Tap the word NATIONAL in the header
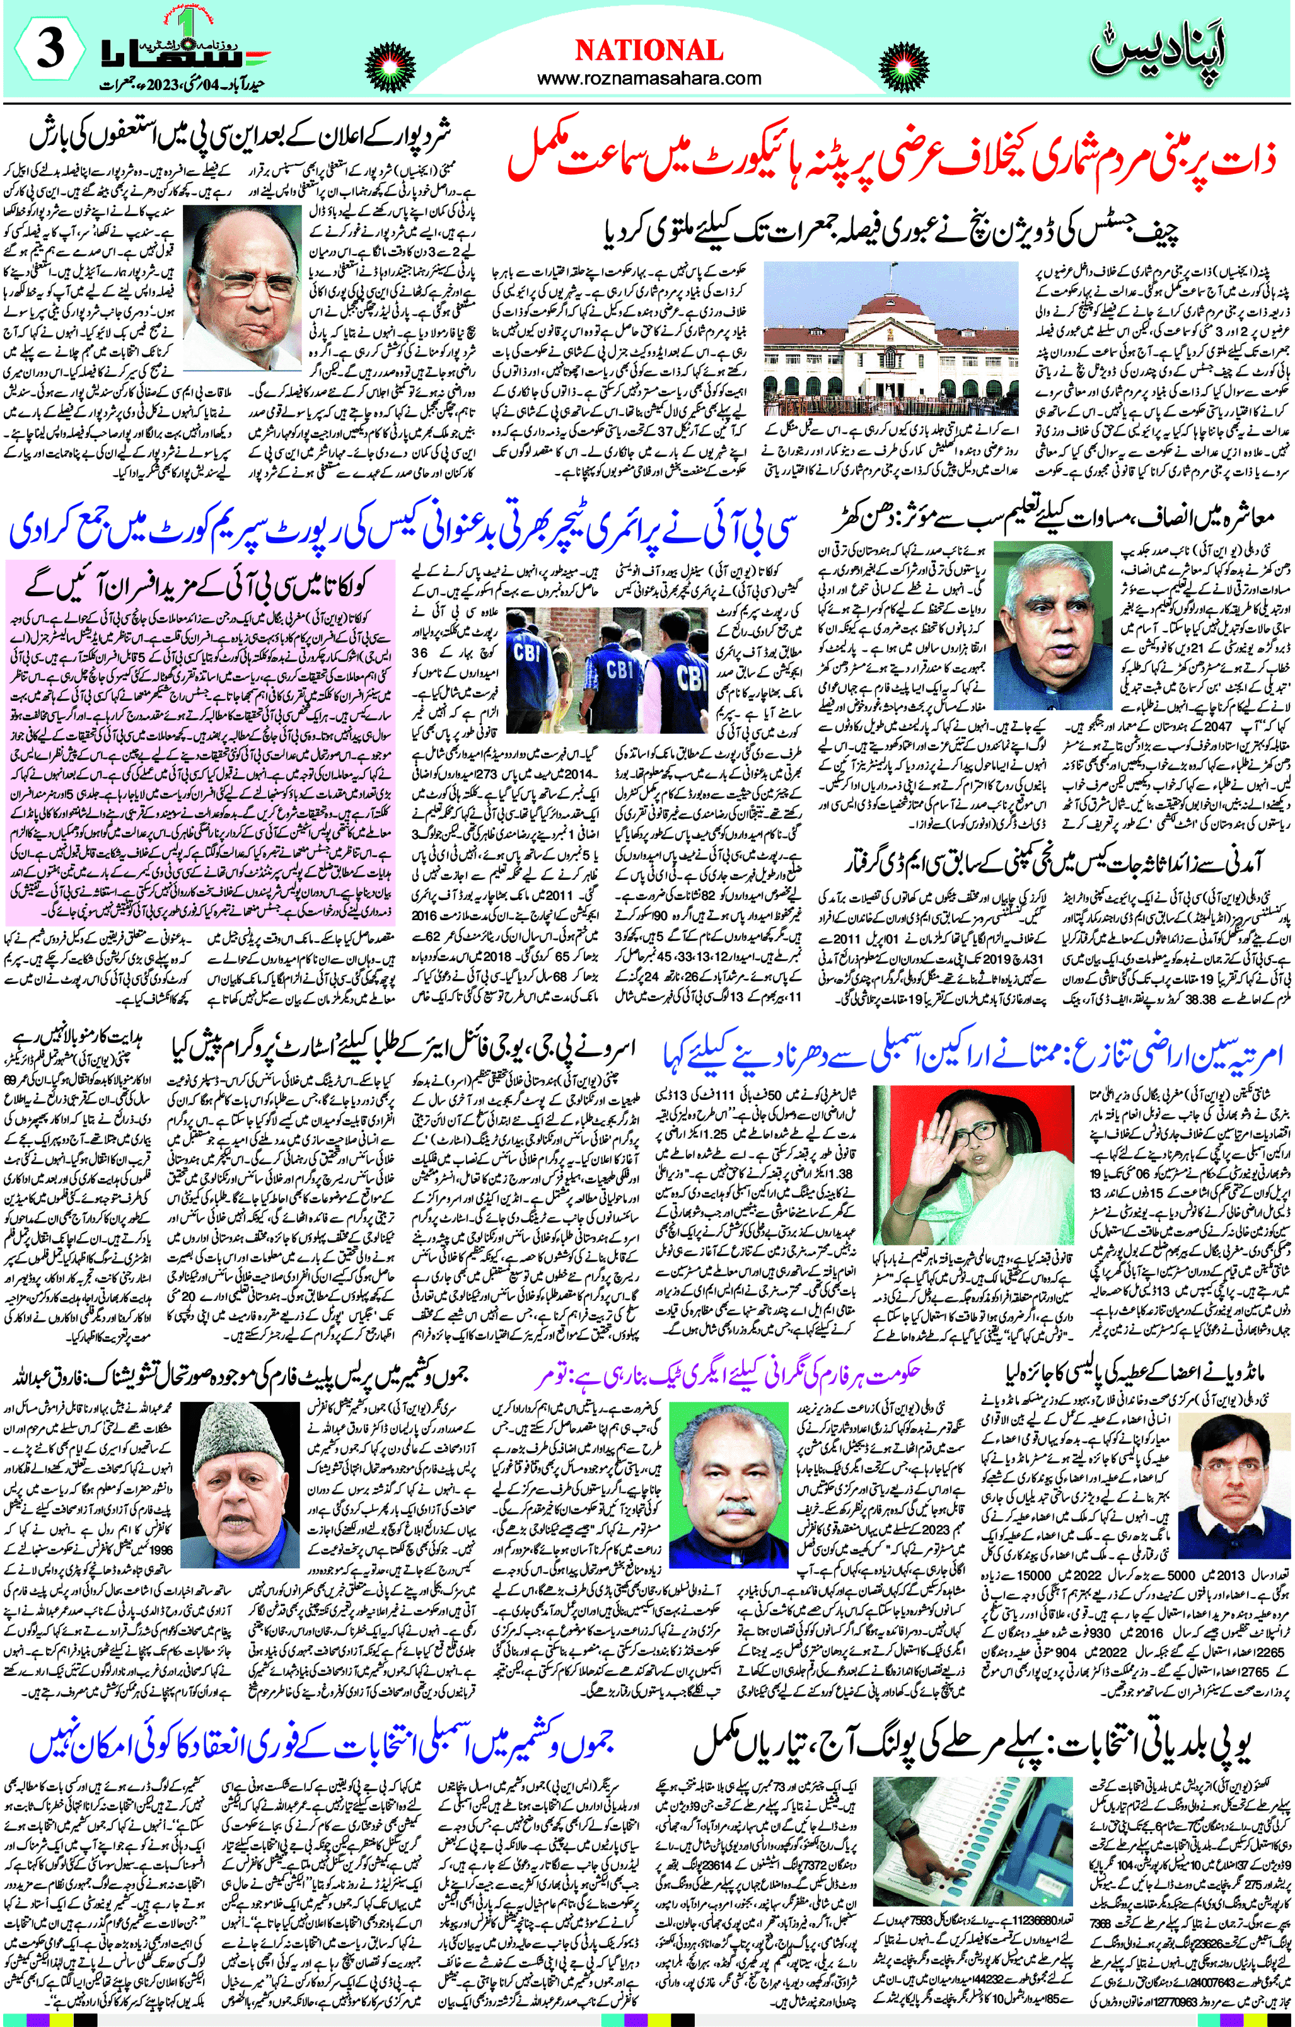click(x=648, y=50)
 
